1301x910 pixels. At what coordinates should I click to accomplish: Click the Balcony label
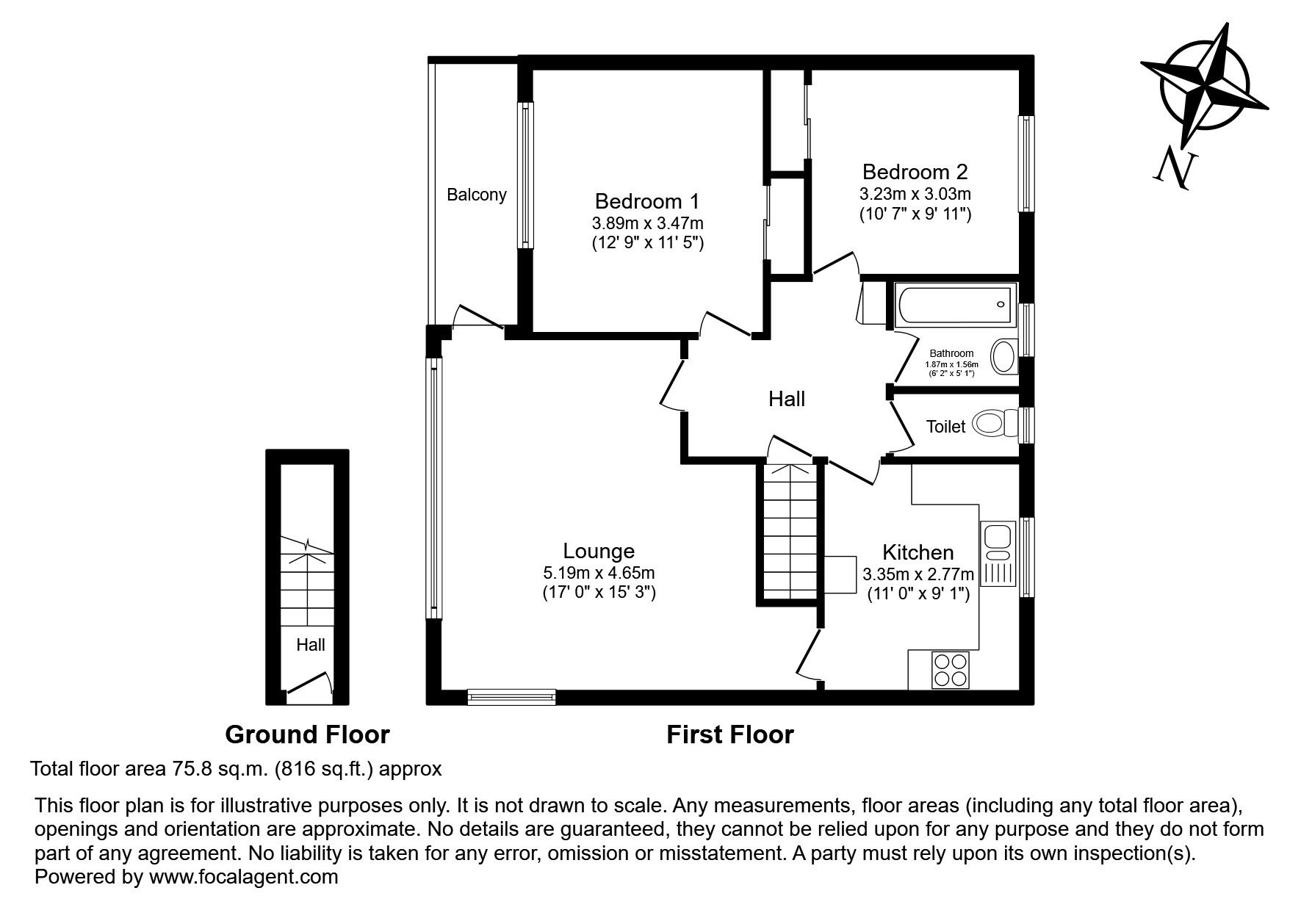(x=477, y=195)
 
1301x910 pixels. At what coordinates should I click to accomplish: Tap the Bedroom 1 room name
(x=647, y=201)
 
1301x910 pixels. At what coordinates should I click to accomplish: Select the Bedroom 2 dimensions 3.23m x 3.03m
(x=915, y=195)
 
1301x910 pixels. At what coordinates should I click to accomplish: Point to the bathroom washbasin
(x=1003, y=356)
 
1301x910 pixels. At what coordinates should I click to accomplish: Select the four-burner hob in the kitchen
(x=950, y=670)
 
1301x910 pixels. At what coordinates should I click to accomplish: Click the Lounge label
(x=599, y=551)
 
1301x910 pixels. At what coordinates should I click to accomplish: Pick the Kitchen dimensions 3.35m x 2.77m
(x=918, y=574)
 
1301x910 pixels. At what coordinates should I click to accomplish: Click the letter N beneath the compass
(x=1173, y=168)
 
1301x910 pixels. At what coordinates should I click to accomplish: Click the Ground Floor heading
(x=307, y=734)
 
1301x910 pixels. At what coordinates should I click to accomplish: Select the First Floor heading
(x=730, y=734)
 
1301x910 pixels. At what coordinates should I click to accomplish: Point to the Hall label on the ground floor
(x=311, y=646)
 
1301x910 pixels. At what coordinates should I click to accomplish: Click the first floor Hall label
(x=787, y=399)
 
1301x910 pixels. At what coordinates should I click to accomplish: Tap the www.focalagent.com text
(x=244, y=876)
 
